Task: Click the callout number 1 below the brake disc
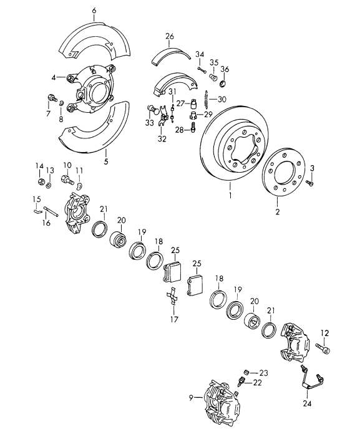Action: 230,196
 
